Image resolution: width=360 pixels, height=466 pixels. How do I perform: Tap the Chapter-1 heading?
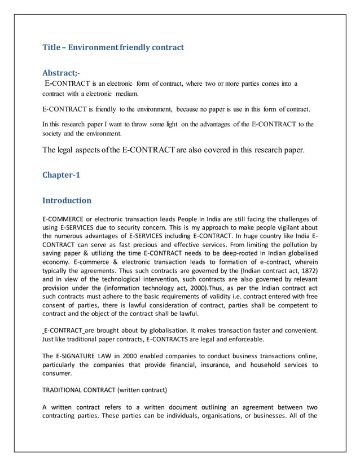[62, 175]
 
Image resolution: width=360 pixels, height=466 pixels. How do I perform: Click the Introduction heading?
[67, 200]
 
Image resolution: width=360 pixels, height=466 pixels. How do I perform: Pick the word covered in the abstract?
[205, 150]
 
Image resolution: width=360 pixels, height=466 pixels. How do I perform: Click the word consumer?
[57, 373]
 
